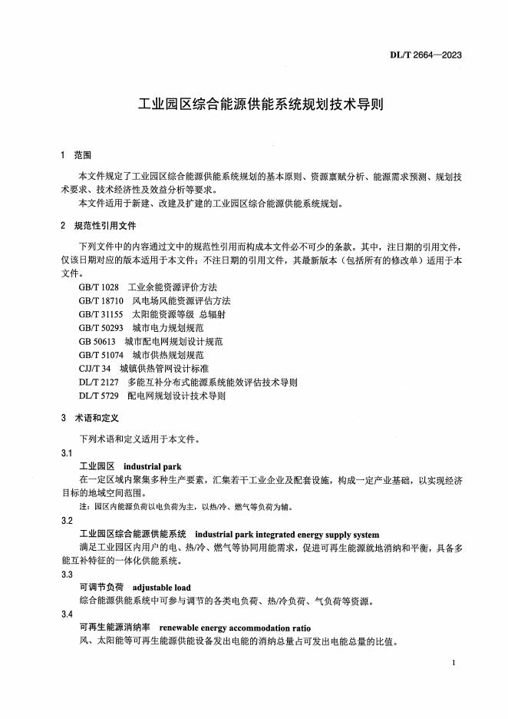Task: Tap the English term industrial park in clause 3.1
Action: coord(152,466)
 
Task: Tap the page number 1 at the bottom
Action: coord(454,662)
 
